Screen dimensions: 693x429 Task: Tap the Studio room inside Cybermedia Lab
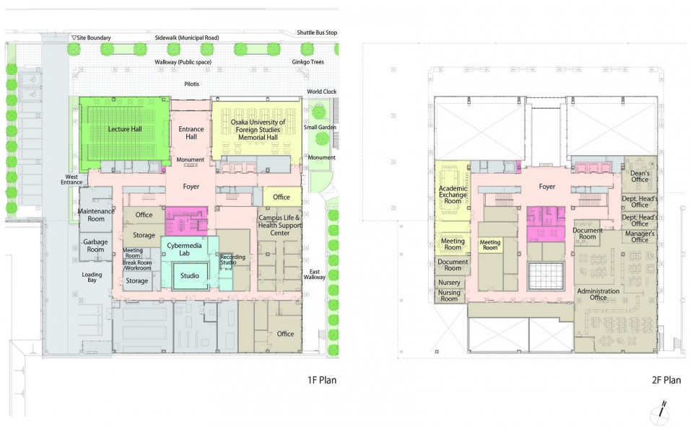pyautogui.click(x=190, y=276)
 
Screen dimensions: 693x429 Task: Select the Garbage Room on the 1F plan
pyautogui.click(x=95, y=246)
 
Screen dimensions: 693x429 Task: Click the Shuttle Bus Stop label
pyautogui.click(x=317, y=32)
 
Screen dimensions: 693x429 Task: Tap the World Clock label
pyautogui.click(x=322, y=92)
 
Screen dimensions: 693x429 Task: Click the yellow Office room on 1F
pyautogui.click(x=282, y=197)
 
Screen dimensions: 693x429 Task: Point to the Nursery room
pyautogui.click(x=450, y=283)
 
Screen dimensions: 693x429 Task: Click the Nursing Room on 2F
pyautogui.click(x=450, y=296)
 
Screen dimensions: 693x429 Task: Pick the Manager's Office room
pyautogui.click(x=640, y=236)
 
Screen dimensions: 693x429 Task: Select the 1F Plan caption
pyautogui.click(x=322, y=380)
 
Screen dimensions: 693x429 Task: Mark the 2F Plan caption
pyautogui.click(x=666, y=380)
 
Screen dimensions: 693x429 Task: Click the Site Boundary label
pyautogui.click(x=92, y=38)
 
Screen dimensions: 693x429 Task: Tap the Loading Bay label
pyautogui.click(x=92, y=277)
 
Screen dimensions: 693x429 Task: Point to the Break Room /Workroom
pyautogui.click(x=137, y=265)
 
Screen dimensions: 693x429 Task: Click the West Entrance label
pyautogui.click(x=71, y=180)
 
